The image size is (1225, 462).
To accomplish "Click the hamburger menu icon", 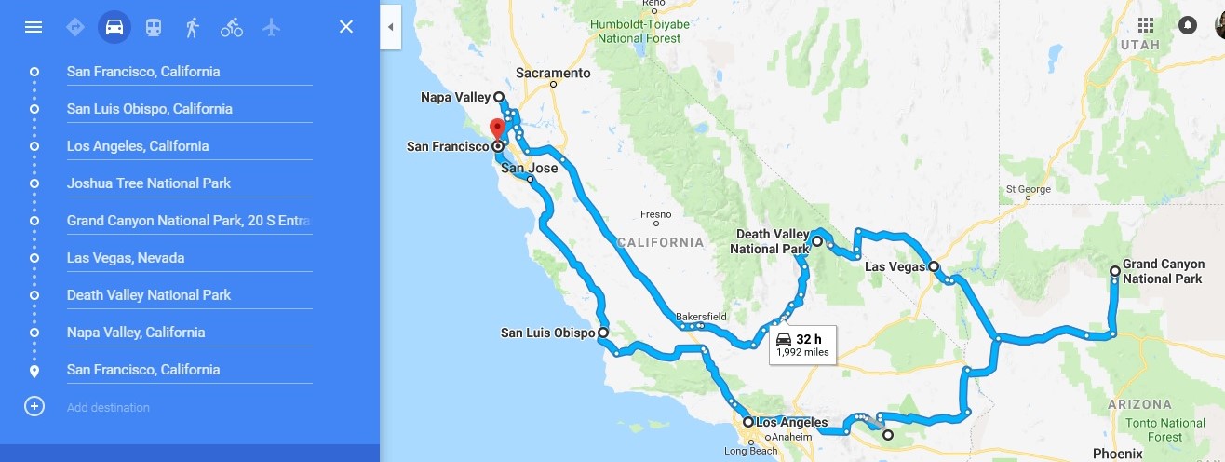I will tap(34, 27).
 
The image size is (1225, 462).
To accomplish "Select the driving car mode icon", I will tap(114, 27).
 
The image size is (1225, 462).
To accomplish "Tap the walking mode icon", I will tap(192, 27).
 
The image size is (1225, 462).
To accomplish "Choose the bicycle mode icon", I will tap(232, 27).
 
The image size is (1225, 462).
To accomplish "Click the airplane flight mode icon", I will tap(271, 27).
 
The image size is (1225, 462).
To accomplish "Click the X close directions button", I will tap(346, 27).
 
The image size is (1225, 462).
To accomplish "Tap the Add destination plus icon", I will tap(34, 407).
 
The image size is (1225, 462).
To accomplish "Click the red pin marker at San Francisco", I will tap(497, 129).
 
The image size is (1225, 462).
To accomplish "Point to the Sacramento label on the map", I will tap(555, 73).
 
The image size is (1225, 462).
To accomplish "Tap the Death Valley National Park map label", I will tap(768, 242).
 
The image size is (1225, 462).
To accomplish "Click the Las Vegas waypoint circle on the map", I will tap(934, 267).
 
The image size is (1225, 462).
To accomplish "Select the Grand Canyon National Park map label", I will tap(1163, 272).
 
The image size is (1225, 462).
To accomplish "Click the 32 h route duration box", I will tap(801, 344).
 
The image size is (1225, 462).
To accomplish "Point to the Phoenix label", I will tap(1117, 454).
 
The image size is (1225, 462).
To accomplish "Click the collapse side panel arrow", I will tap(390, 27).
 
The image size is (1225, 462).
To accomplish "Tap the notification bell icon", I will tap(1188, 26).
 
